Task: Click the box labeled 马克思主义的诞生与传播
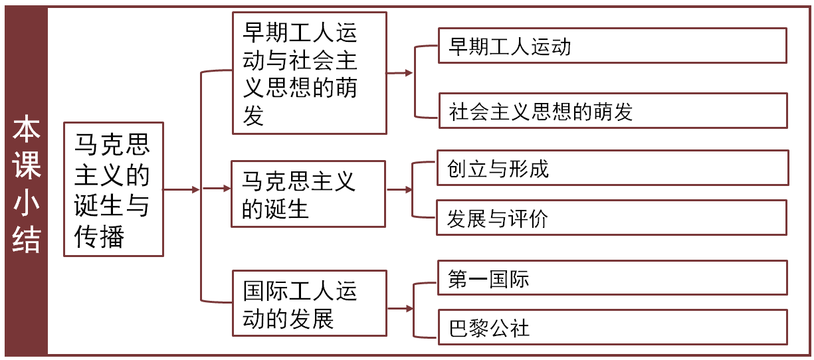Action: point(113,189)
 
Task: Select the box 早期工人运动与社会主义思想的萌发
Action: point(309,72)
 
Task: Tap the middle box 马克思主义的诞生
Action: point(308,194)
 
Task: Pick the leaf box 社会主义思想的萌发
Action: point(611,110)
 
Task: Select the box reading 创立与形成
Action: point(611,168)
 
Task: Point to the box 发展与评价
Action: point(611,218)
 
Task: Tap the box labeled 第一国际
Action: point(611,278)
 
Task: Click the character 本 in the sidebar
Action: point(26,129)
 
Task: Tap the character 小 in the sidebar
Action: point(26,203)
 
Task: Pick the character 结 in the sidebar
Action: point(26,240)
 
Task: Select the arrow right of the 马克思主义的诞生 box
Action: point(399,190)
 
